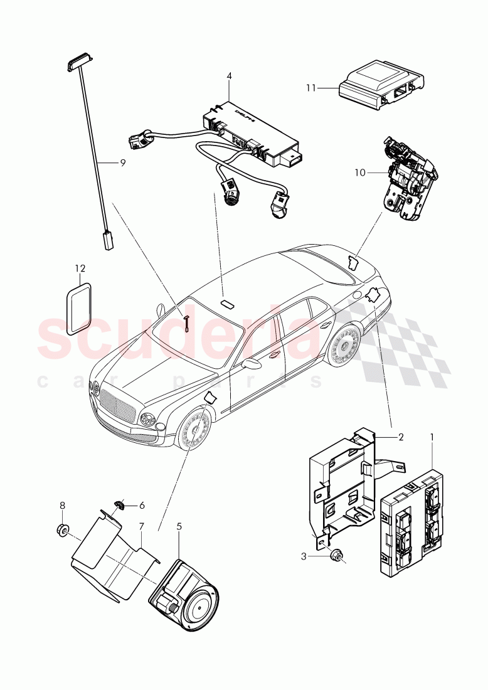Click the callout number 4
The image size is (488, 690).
[x=229, y=76]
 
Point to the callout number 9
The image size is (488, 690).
[x=123, y=162]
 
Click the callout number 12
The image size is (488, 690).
[x=79, y=268]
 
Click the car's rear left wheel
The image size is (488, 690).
[x=344, y=346]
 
